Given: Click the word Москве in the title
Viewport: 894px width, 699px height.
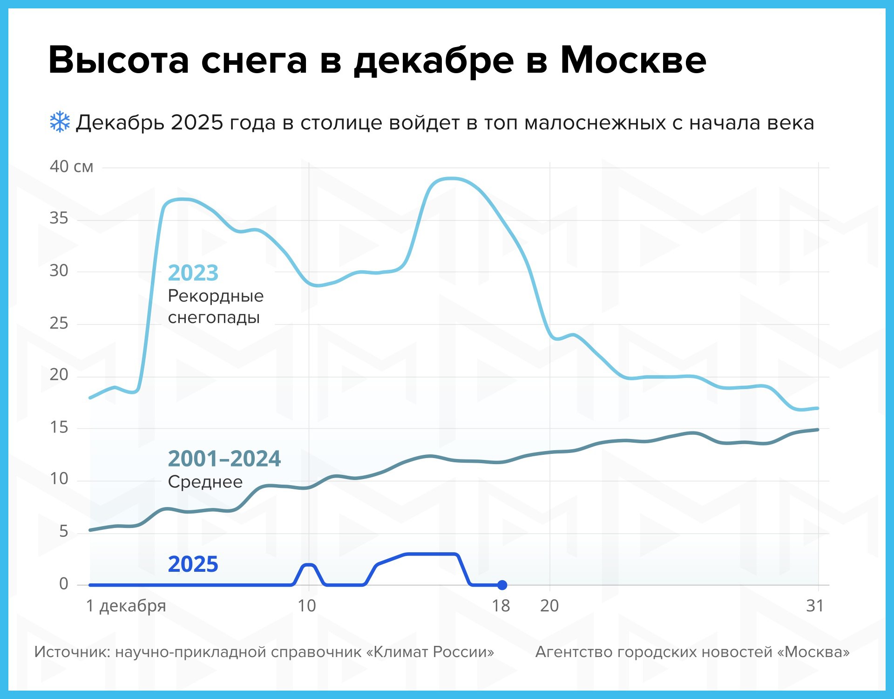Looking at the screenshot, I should [633, 61].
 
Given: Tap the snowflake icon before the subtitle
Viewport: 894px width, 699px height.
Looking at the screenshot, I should [60, 122].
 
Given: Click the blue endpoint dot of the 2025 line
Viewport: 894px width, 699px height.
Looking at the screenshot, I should [502, 585].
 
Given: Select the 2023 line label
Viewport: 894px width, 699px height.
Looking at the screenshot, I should [193, 273].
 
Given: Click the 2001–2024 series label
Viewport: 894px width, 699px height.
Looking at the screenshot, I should [224, 459].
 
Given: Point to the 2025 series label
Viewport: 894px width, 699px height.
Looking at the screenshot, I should [193, 564].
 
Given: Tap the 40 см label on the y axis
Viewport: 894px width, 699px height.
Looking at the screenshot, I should [71, 166].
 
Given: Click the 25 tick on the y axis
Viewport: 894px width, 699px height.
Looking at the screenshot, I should [59, 323].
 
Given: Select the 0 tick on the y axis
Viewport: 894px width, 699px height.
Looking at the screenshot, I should [64, 584].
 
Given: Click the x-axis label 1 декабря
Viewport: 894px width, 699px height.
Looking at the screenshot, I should [126, 606].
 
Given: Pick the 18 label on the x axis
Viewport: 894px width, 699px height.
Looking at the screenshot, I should [501, 606].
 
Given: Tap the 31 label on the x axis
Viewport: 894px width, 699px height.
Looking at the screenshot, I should [815, 606].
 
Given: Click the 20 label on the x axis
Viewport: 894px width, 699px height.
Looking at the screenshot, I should [549, 606].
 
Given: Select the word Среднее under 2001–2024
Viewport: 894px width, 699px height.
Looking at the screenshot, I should [205, 482].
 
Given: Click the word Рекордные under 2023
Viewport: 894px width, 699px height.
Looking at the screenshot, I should [216, 296].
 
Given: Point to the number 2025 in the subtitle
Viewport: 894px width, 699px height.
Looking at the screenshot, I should [197, 123].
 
